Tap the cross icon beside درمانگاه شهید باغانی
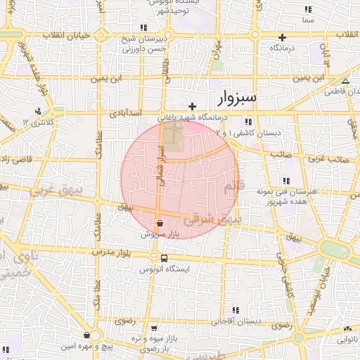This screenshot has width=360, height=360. tap(192, 106)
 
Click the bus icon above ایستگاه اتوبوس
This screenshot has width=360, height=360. tap(164, 258)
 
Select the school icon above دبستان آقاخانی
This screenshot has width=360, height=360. tap(236, 309)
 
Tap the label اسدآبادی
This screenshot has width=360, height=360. tap(127, 112)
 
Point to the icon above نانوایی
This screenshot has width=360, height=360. tap(347, 328)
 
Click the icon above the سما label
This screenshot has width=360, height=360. tap(307, 10)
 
